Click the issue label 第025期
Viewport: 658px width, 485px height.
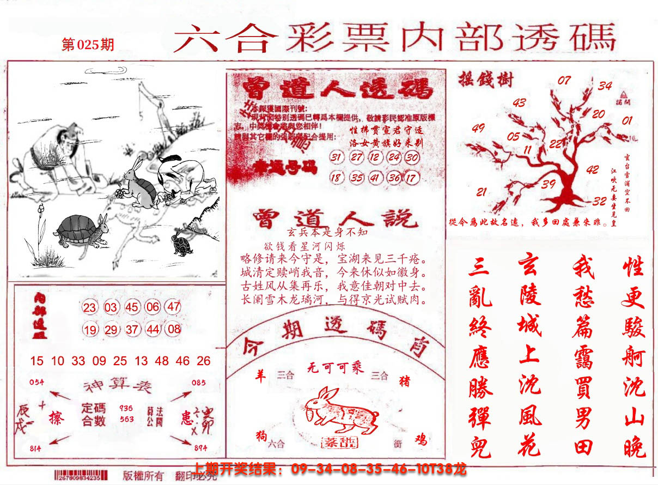pyautogui.click(x=88, y=45)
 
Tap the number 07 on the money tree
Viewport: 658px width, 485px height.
pyautogui.click(x=564, y=81)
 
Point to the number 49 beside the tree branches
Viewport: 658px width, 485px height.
pyautogui.click(x=478, y=129)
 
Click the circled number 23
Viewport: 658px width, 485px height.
pyautogui.click(x=90, y=308)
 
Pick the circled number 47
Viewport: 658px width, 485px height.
pyautogui.click(x=173, y=307)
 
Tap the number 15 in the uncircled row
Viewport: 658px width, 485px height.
pyautogui.click(x=36, y=361)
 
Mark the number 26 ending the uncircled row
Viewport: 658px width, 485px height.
pyautogui.click(x=204, y=361)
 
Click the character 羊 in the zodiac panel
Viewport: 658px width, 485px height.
pyautogui.click(x=261, y=376)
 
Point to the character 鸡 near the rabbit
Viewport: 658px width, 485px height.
pyautogui.click(x=420, y=439)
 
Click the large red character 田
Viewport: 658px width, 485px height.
pyautogui.click(x=583, y=447)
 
